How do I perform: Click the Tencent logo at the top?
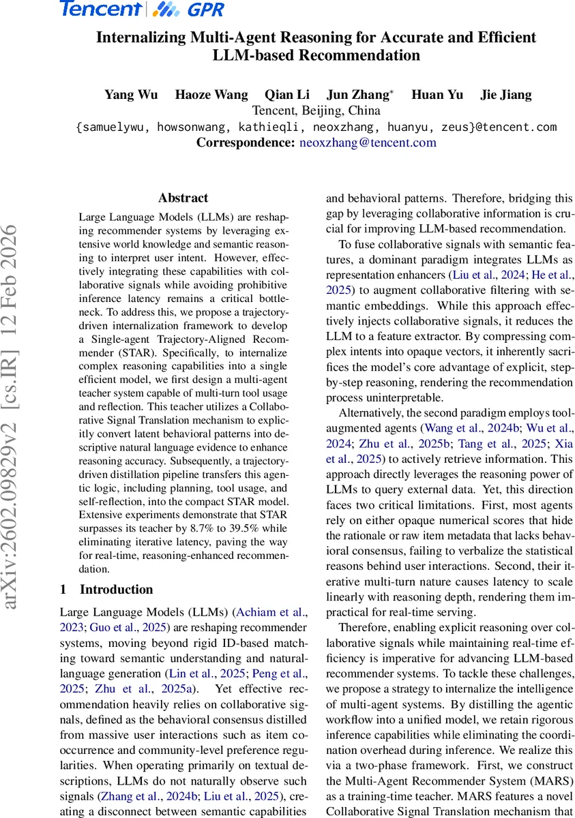pyautogui.click(x=100, y=10)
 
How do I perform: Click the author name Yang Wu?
pyautogui.click(x=130, y=95)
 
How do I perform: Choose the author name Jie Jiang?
pyautogui.click(x=505, y=95)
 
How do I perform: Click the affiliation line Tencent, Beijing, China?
pyautogui.click(x=316, y=110)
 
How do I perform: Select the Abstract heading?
pyautogui.click(x=183, y=198)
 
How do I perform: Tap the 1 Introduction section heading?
pyautogui.click(x=106, y=589)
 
